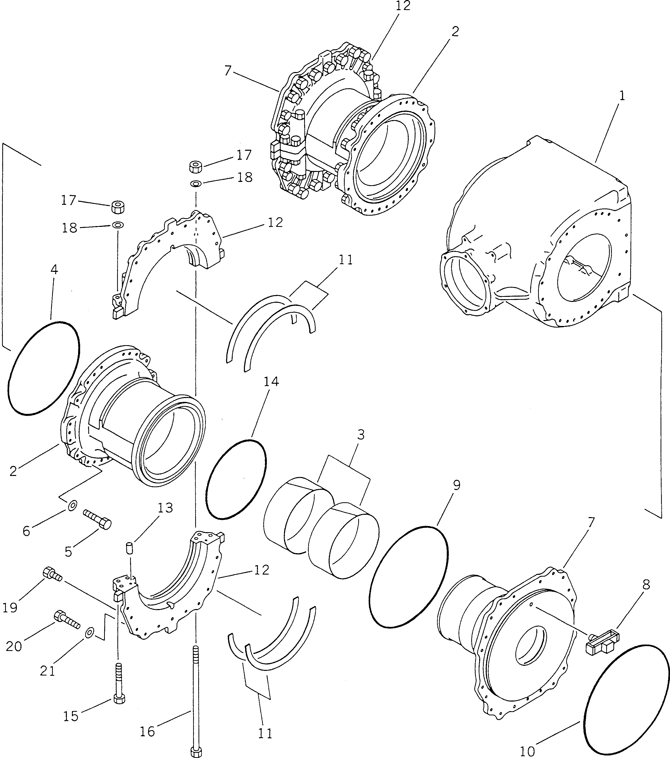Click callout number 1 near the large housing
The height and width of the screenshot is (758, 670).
click(x=622, y=96)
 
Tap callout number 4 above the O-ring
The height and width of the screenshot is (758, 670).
click(x=54, y=270)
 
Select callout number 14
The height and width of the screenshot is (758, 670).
click(x=271, y=382)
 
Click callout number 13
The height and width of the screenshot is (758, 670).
click(x=165, y=508)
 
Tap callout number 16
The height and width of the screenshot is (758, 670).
click(x=147, y=732)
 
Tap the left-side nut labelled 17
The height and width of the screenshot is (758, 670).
click(x=118, y=207)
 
